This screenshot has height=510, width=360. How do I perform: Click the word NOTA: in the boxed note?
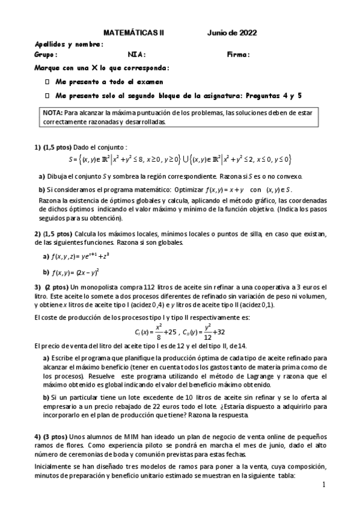52,112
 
